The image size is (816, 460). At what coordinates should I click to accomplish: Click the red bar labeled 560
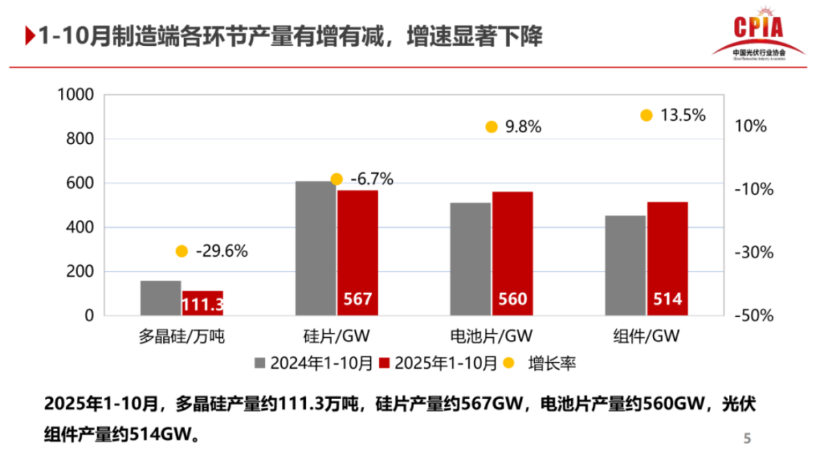512,253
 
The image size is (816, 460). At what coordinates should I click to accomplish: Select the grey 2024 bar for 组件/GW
625,266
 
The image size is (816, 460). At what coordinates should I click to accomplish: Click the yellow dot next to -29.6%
181,251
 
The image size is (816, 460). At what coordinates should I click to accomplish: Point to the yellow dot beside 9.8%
491,126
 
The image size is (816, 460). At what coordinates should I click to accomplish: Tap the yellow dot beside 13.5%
646,115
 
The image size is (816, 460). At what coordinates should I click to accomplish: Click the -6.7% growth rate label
372,180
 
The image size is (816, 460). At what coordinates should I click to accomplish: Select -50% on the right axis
752,317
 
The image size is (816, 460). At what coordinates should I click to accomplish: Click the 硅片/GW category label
336,336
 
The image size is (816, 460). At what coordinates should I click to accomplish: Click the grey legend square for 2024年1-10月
260,363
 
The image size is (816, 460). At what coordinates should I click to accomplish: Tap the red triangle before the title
29,36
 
